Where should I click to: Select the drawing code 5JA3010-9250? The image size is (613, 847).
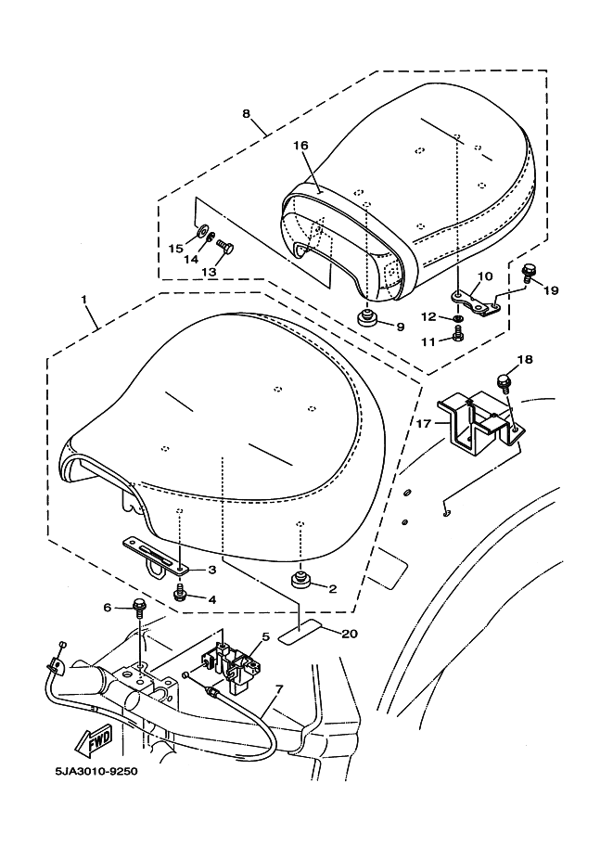pyautogui.click(x=96, y=771)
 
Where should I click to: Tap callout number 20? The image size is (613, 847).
pyautogui.click(x=350, y=633)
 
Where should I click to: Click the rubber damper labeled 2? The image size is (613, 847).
pyautogui.click(x=300, y=581)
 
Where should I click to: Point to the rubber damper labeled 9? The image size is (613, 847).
pyautogui.click(x=368, y=318)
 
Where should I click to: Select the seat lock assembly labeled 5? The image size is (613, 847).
pyautogui.click(x=230, y=662)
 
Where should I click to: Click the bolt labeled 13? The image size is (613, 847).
pyautogui.click(x=225, y=248)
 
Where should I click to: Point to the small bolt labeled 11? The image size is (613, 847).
pyautogui.click(x=458, y=336)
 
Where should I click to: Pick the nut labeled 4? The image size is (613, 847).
pyautogui.click(x=180, y=594)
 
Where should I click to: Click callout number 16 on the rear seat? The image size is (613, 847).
pyautogui.click(x=300, y=146)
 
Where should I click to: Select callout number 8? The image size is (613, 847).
pyautogui.click(x=246, y=113)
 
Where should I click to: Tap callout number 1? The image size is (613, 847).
pyautogui.click(x=83, y=298)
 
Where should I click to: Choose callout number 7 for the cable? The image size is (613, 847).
pyautogui.click(x=279, y=688)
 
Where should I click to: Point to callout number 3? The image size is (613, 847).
pyautogui.click(x=211, y=570)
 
